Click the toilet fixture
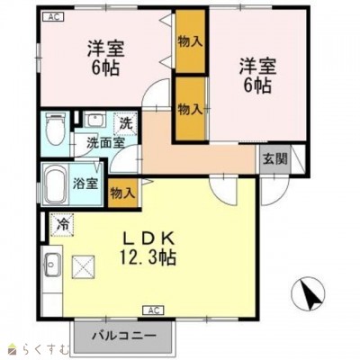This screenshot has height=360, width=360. point(55,130)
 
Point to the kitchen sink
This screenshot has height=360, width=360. point(53,265)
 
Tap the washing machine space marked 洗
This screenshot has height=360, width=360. point(126,123)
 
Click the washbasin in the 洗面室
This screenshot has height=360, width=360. point(94,120)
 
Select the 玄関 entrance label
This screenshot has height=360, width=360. point(275,158)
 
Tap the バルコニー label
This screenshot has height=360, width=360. point(124,335)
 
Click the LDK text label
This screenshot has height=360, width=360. point(148,238)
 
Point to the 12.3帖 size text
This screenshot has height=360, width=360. point(148,256)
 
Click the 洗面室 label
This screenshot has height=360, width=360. point(105,143)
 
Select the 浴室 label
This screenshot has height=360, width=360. point(85,184)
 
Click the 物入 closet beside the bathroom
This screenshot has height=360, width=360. point(122,193)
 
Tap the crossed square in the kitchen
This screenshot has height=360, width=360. point(83,266)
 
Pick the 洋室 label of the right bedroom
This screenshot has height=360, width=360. point(257,67)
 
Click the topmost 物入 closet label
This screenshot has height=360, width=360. point(190,42)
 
